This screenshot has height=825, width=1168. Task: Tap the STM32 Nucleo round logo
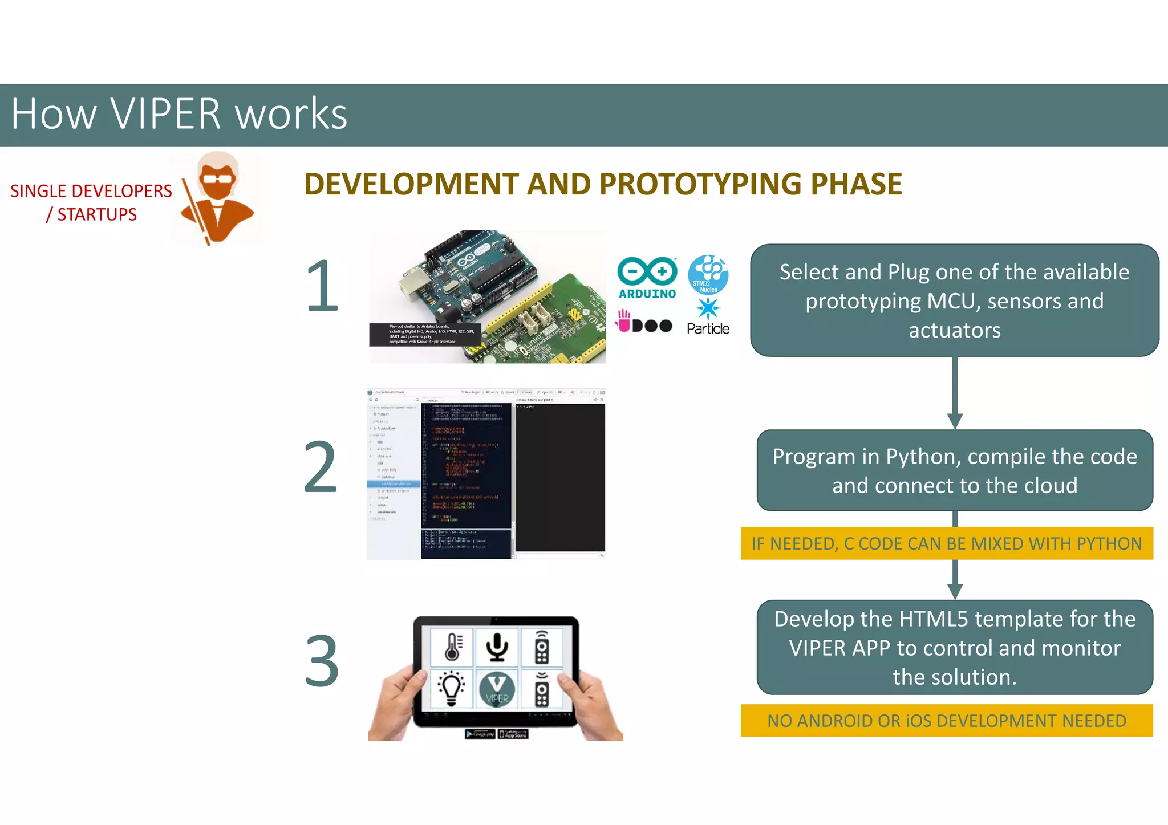[x=708, y=275]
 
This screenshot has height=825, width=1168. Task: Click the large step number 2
[x=321, y=467]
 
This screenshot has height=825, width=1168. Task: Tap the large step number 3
[x=322, y=661]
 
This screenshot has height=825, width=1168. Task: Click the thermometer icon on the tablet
[x=452, y=647]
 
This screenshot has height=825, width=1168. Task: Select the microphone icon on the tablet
[x=497, y=647]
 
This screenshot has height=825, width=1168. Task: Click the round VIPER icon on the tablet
[x=497, y=689]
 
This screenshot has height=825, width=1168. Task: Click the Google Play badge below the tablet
[x=480, y=734]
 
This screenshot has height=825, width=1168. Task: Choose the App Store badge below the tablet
[x=513, y=734]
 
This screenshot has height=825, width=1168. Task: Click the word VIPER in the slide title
[x=165, y=114]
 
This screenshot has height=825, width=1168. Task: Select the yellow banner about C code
[x=946, y=543]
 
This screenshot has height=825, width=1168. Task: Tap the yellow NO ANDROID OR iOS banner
[x=946, y=721]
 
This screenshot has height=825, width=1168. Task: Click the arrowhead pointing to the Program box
[x=955, y=421]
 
